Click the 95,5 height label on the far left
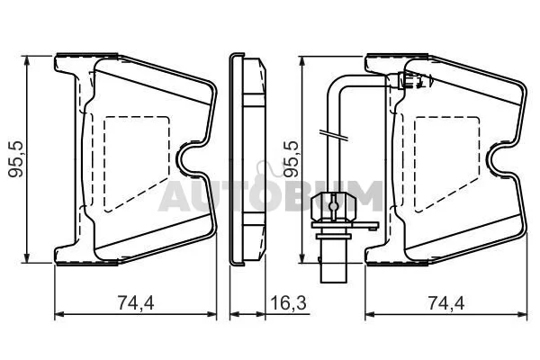[16, 158]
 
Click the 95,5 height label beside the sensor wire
[291, 158]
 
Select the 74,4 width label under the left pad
[136, 302]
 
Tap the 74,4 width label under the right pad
[446, 302]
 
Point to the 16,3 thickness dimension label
[288, 302]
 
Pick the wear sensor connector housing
[333, 207]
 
